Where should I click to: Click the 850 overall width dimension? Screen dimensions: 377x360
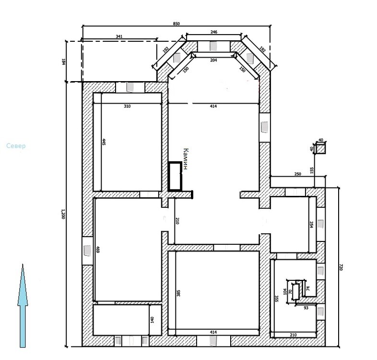click(x=176, y=24)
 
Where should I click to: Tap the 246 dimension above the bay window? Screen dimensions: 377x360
click(x=214, y=32)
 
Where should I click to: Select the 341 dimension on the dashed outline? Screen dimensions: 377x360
click(x=119, y=36)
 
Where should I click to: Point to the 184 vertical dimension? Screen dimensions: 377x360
click(x=64, y=61)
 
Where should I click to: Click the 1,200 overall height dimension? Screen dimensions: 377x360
click(x=63, y=214)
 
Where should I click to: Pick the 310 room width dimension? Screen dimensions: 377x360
click(x=127, y=106)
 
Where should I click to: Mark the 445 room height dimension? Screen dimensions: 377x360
click(x=104, y=142)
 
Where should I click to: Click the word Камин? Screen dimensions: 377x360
click(x=186, y=159)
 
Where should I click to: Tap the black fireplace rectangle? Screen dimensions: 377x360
click(x=175, y=177)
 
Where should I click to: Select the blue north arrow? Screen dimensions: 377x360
click(x=23, y=306)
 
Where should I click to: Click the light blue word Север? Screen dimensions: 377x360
click(x=16, y=146)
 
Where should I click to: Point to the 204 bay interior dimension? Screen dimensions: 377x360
click(x=213, y=60)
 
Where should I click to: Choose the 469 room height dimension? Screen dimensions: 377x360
click(x=98, y=249)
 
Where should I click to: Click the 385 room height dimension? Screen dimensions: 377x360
click(x=178, y=293)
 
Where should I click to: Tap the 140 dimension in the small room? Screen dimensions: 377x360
click(x=152, y=320)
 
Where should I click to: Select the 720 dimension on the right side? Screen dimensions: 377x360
click(x=341, y=267)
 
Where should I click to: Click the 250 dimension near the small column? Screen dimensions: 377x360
click(x=298, y=174)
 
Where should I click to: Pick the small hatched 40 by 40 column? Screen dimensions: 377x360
click(x=320, y=148)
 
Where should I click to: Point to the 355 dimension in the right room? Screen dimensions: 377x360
click(x=276, y=299)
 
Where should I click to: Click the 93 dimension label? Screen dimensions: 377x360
click(x=306, y=308)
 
